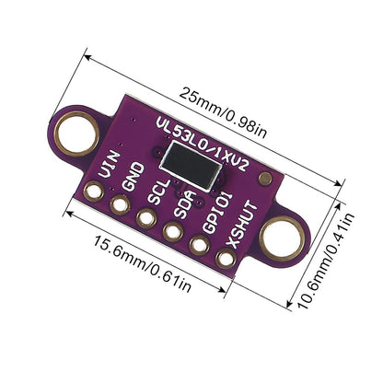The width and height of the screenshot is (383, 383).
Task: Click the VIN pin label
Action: click(x=108, y=169)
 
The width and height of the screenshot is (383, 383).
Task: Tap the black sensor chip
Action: click(x=191, y=170)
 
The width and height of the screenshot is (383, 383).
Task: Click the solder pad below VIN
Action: click(x=93, y=192)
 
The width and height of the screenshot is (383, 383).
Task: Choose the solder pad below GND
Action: click(x=120, y=205)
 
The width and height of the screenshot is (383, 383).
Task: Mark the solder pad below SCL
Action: click(x=145, y=218)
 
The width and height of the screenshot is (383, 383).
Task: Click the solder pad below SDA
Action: click(x=172, y=232)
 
